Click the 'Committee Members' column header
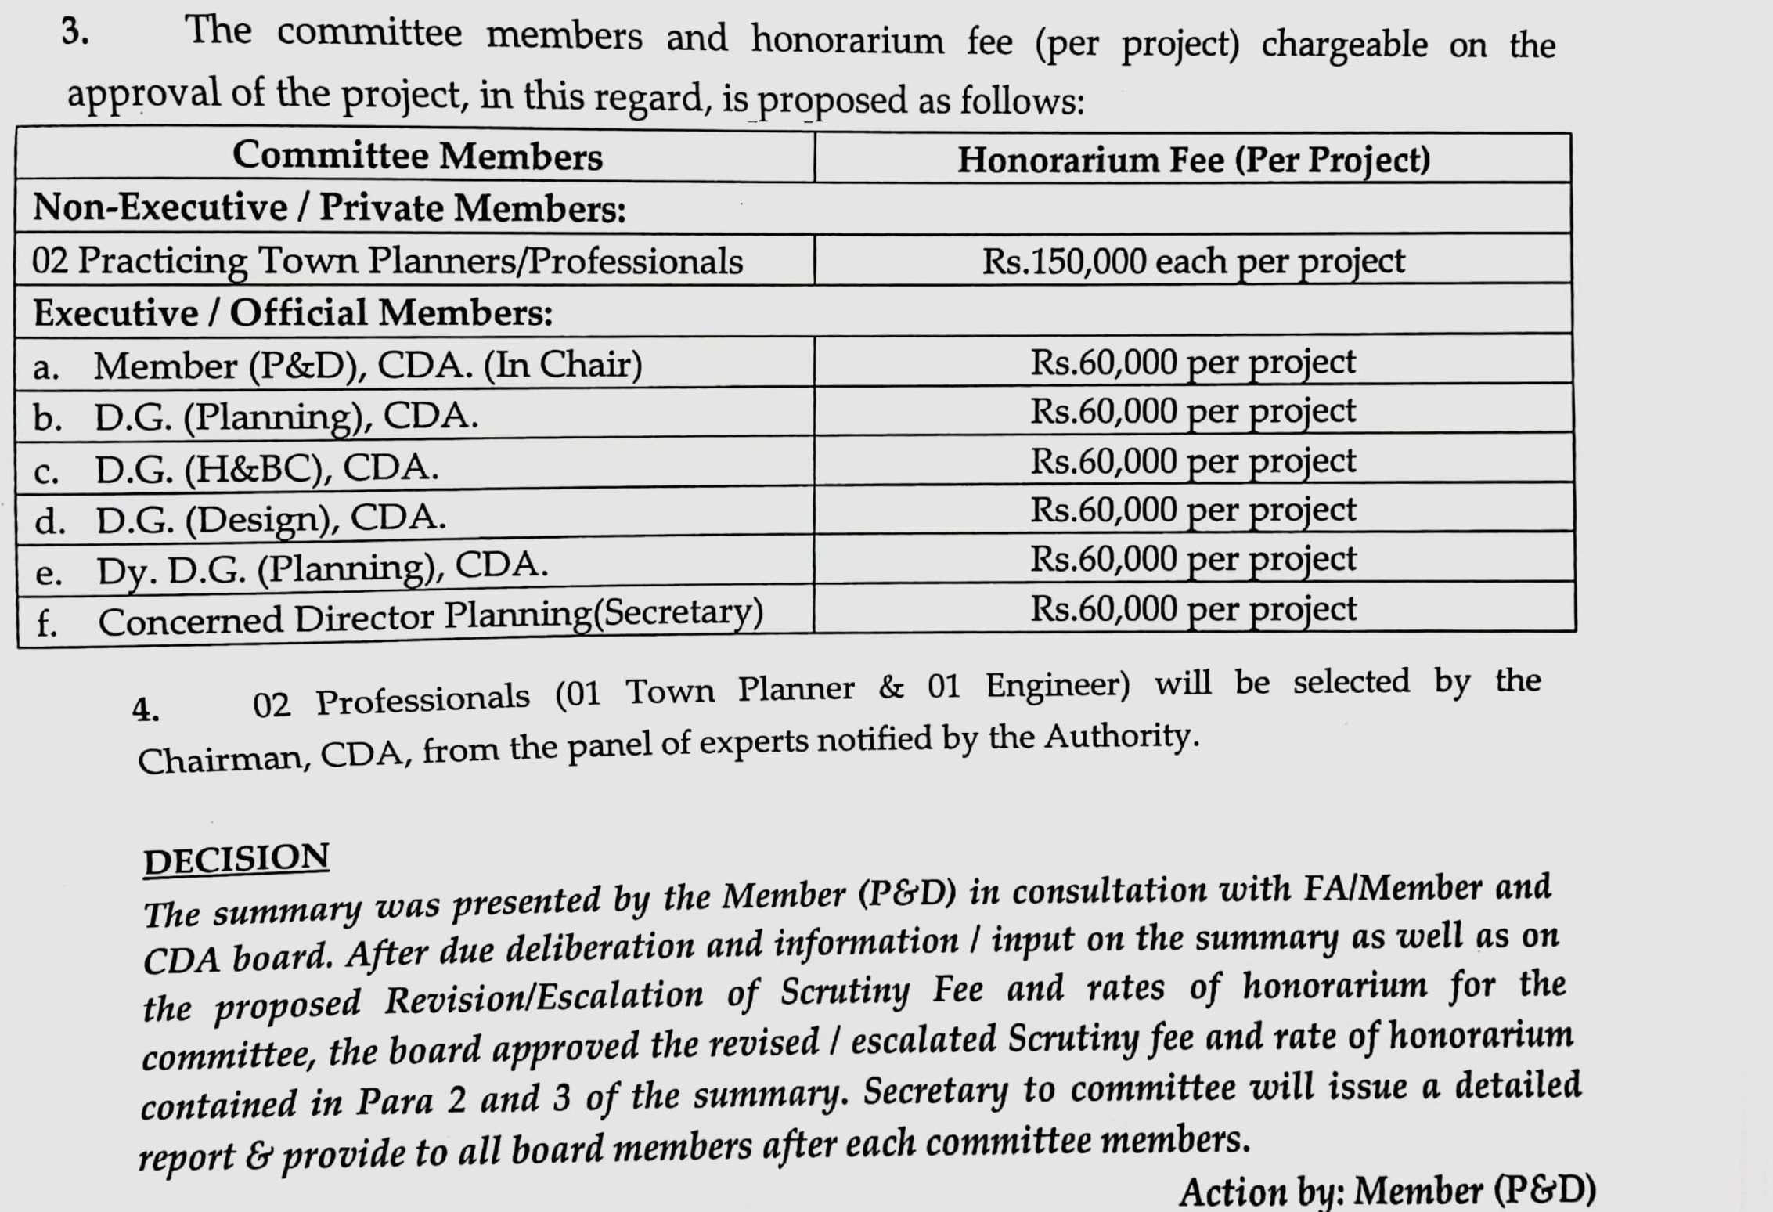click(417, 156)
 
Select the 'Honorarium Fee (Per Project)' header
click(1193, 160)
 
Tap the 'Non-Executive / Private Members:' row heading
click(330, 208)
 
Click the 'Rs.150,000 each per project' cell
click(1193, 261)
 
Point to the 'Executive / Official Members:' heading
click(293, 313)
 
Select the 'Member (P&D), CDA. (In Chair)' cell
click(368, 365)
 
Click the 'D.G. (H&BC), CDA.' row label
click(266, 468)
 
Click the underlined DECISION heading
click(236, 859)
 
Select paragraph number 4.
click(146, 709)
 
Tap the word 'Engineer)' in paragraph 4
click(1057, 686)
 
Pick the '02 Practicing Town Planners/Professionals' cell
click(387, 261)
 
